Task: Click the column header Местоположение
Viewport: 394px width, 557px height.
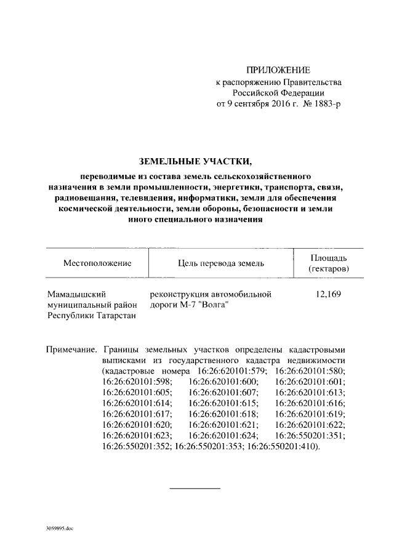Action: [97, 263]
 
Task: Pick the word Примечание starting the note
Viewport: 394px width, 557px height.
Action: [71, 348]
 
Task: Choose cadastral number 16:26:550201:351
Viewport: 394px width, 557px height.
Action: [310, 435]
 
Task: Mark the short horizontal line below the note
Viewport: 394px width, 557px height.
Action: [195, 488]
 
